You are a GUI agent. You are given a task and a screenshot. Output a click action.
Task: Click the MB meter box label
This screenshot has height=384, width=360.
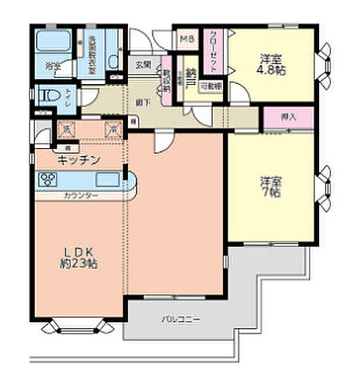click(186, 39)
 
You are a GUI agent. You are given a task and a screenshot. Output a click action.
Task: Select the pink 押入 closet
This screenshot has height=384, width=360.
click(290, 117)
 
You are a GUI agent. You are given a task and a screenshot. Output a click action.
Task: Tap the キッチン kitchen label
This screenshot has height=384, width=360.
click(78, 161)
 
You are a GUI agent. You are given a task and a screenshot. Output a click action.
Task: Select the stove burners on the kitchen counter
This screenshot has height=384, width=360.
click(45, 178)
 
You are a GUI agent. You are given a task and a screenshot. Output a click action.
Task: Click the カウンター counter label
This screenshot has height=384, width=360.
click(81, 195)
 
